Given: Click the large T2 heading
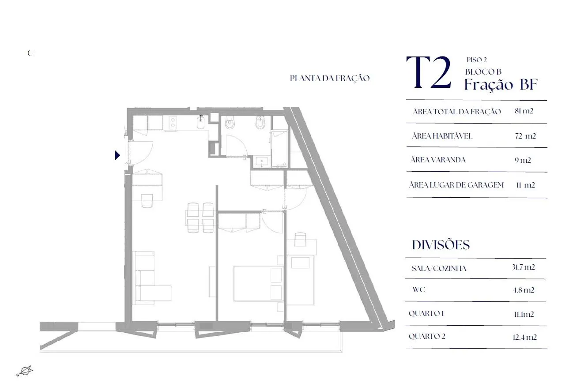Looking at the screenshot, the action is tap(429, 72).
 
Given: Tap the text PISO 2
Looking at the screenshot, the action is tap(477, 60).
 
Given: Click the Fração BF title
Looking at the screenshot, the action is tap(501, 84).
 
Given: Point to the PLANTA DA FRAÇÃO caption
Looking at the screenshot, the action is tap(330, 79).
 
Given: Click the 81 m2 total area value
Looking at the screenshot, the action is tap(524, 111).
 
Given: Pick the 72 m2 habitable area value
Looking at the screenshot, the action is tap(525, 136).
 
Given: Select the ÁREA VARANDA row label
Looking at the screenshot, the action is tap(438, 160).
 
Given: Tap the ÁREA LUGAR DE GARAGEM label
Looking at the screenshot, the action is tap(456, 185).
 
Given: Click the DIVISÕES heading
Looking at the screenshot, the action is tap(441, 245).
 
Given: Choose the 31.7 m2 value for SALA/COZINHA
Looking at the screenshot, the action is tap(523, 267).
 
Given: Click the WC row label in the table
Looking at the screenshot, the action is tap(419, 289).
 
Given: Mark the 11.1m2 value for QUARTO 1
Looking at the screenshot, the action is tap(524, 314).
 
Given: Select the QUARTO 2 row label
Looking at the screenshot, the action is tap(427, 336).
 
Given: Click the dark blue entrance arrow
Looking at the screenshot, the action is tap(117, 155).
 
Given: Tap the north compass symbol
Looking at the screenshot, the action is tap(25, 371).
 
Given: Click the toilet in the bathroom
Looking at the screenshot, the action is tap(230, 123).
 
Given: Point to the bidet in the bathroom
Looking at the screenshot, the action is tap(260, 123).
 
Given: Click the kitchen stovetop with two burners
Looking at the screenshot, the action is tap(172, 123).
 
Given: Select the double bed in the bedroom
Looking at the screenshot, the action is tap(258, 284).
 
